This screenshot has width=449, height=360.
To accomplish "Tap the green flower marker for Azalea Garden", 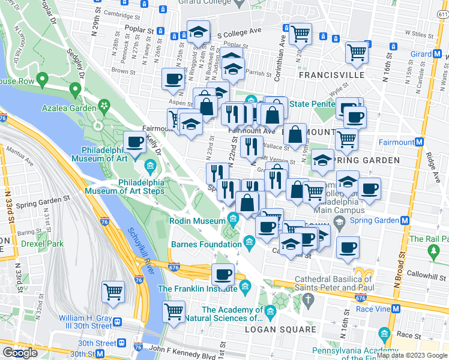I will click(x=104, y=106).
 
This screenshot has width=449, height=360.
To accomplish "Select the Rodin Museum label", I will click(x=198, y=221).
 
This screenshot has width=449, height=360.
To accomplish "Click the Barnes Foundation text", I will click(x=206, y=244).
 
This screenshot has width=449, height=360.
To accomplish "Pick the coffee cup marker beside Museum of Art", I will click(x=135, y=143).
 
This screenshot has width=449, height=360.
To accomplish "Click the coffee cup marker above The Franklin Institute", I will click(x=223, y=275).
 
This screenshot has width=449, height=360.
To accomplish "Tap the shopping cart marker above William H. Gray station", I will click(x=113, y=292).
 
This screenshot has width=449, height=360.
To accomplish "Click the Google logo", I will click(x=20, y=352).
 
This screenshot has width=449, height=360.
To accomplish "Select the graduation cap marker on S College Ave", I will click(x=197, y=32).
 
